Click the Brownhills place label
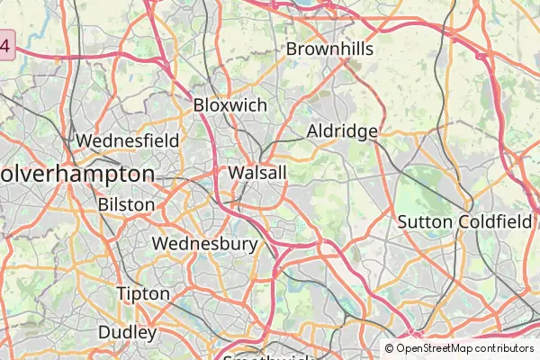point(329,49)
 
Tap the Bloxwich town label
point(230,105)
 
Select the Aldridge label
point(342,131)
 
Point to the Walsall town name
point(257,172)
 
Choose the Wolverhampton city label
point(77,173)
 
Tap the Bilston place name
point(126,204)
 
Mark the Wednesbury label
point(205,243)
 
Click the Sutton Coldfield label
point(464,221)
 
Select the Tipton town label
point(143,293)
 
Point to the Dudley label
point(127,332)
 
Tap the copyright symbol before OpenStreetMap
point(390,348)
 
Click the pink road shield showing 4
point(7,45)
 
